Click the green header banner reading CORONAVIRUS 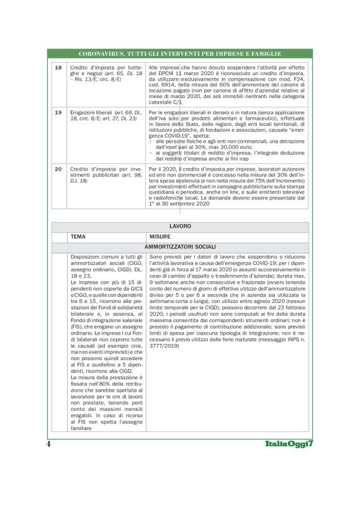tap(180, 54)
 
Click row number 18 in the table tap(58, 67)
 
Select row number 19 tap(58, 112)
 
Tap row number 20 tap(58, 169)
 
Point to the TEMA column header tap(78, 237)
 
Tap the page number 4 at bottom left tap(48, 444)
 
